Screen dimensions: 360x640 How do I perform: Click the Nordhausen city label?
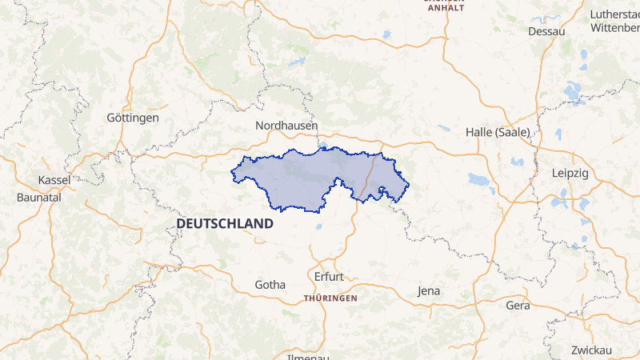286,126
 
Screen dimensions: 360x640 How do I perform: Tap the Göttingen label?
133,118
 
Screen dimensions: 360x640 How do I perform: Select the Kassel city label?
54,180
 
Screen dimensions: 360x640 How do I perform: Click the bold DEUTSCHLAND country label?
225,224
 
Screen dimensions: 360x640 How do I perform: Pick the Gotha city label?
270,284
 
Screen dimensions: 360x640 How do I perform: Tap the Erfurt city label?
328,277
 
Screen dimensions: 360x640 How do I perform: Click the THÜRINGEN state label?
330,298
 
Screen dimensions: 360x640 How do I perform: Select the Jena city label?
429,291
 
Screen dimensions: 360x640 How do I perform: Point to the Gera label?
518,305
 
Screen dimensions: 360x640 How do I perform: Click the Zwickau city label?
591,350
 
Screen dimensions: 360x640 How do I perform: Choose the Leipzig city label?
570,173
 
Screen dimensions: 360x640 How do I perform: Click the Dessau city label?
547,31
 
